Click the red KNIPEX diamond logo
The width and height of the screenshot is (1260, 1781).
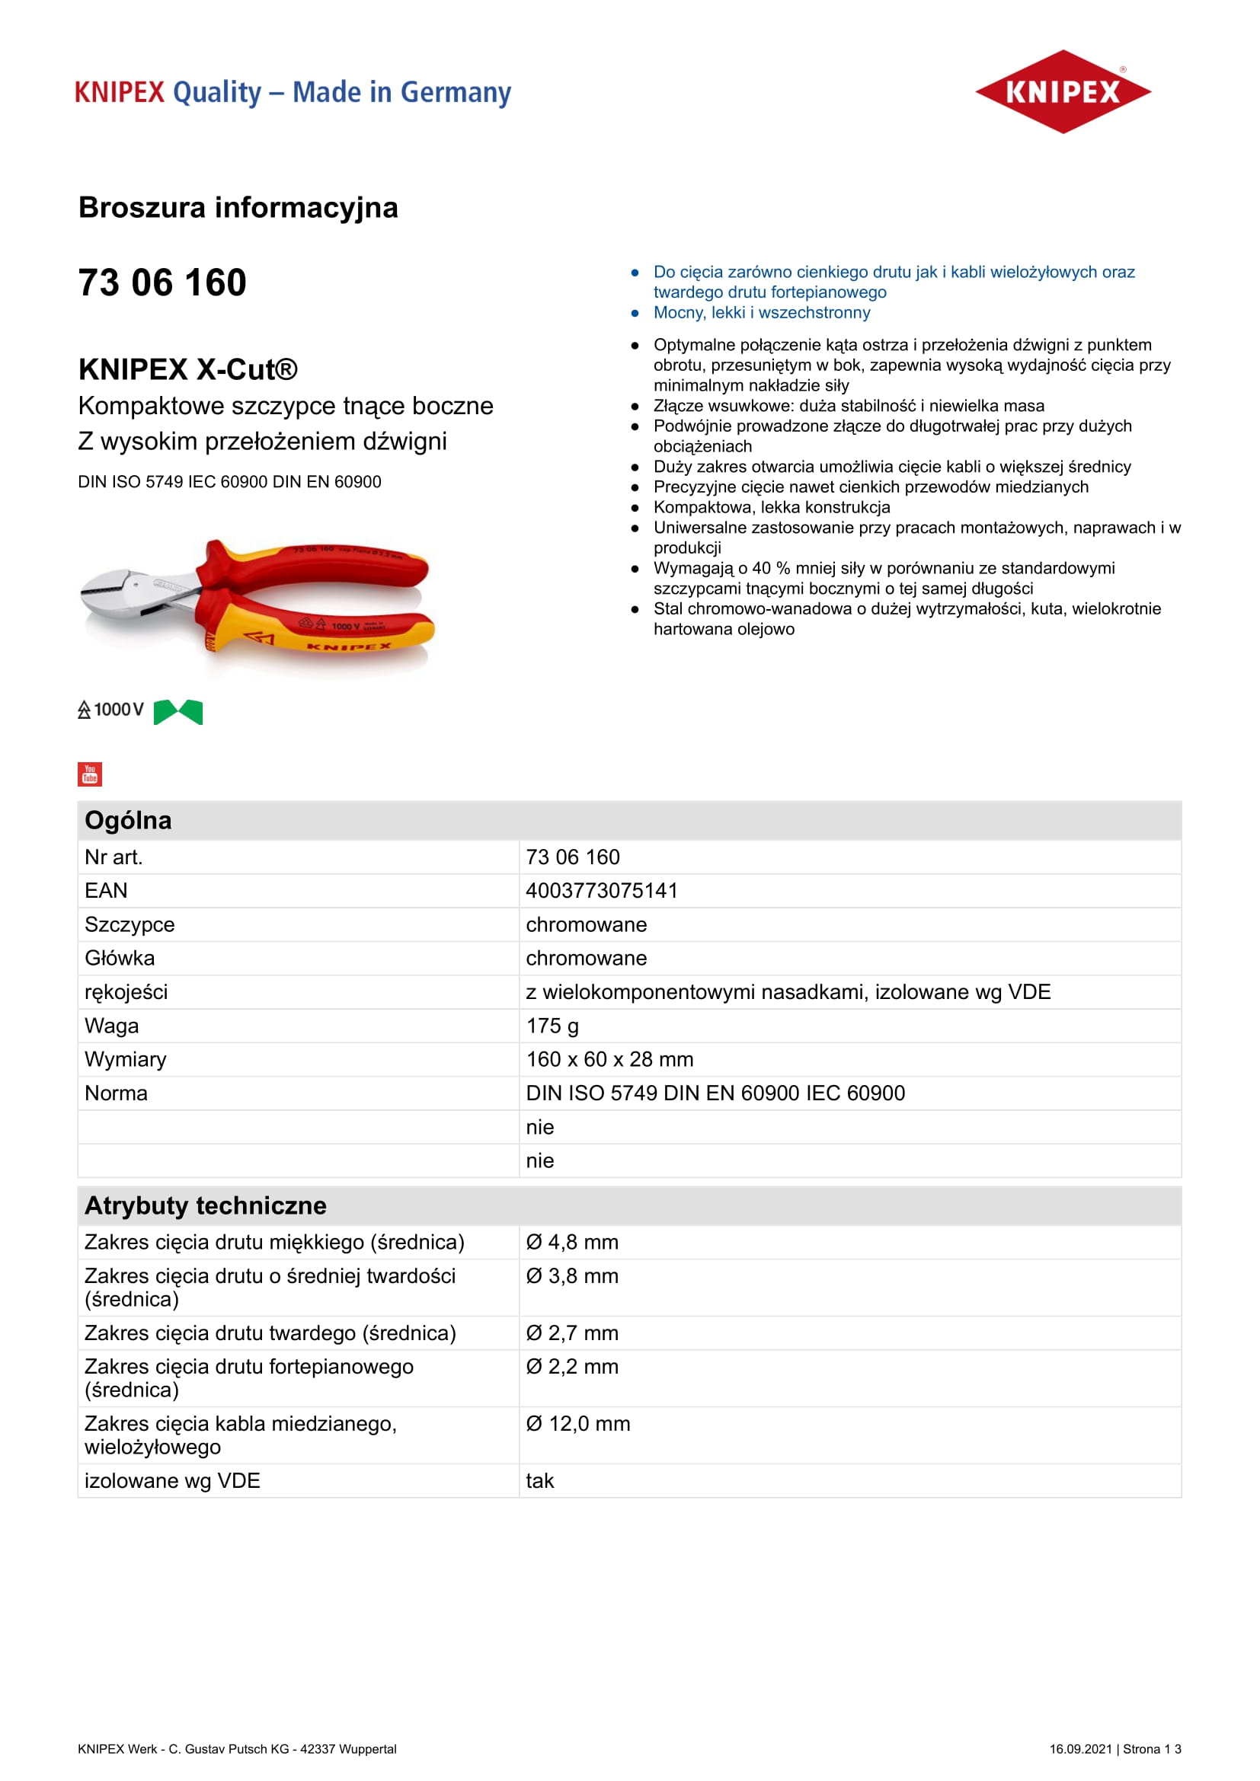point(1062,91)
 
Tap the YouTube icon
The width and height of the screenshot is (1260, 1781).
point(90,774)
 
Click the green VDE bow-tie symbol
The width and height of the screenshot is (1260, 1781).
point(177,711)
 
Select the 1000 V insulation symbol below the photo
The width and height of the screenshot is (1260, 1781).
point(111,710)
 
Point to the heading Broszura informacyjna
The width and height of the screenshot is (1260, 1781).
point(238,208)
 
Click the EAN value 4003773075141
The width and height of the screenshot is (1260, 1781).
point(601,891)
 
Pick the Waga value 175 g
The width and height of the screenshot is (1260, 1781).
point(552,1026)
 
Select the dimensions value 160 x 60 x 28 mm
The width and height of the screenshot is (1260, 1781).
point(609,1060)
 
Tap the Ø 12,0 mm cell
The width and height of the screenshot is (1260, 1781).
point(577,1423)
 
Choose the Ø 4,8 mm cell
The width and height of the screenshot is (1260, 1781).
point(572,1242)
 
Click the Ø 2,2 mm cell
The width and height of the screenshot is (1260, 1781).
point(572,1366)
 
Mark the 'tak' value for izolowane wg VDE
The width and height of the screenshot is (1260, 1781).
point(539,1481)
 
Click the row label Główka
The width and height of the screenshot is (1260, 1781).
point(120,958)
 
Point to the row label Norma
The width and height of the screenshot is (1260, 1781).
point(116,1093)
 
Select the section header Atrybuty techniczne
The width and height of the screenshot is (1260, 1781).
point(206,1205)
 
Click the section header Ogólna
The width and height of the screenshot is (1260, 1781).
point(128,820)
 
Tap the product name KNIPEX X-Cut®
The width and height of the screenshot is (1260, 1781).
point(187,369)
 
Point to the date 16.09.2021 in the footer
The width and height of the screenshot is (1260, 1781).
point(1080,1748)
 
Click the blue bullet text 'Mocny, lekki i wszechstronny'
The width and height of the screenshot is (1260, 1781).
point(761,313)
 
